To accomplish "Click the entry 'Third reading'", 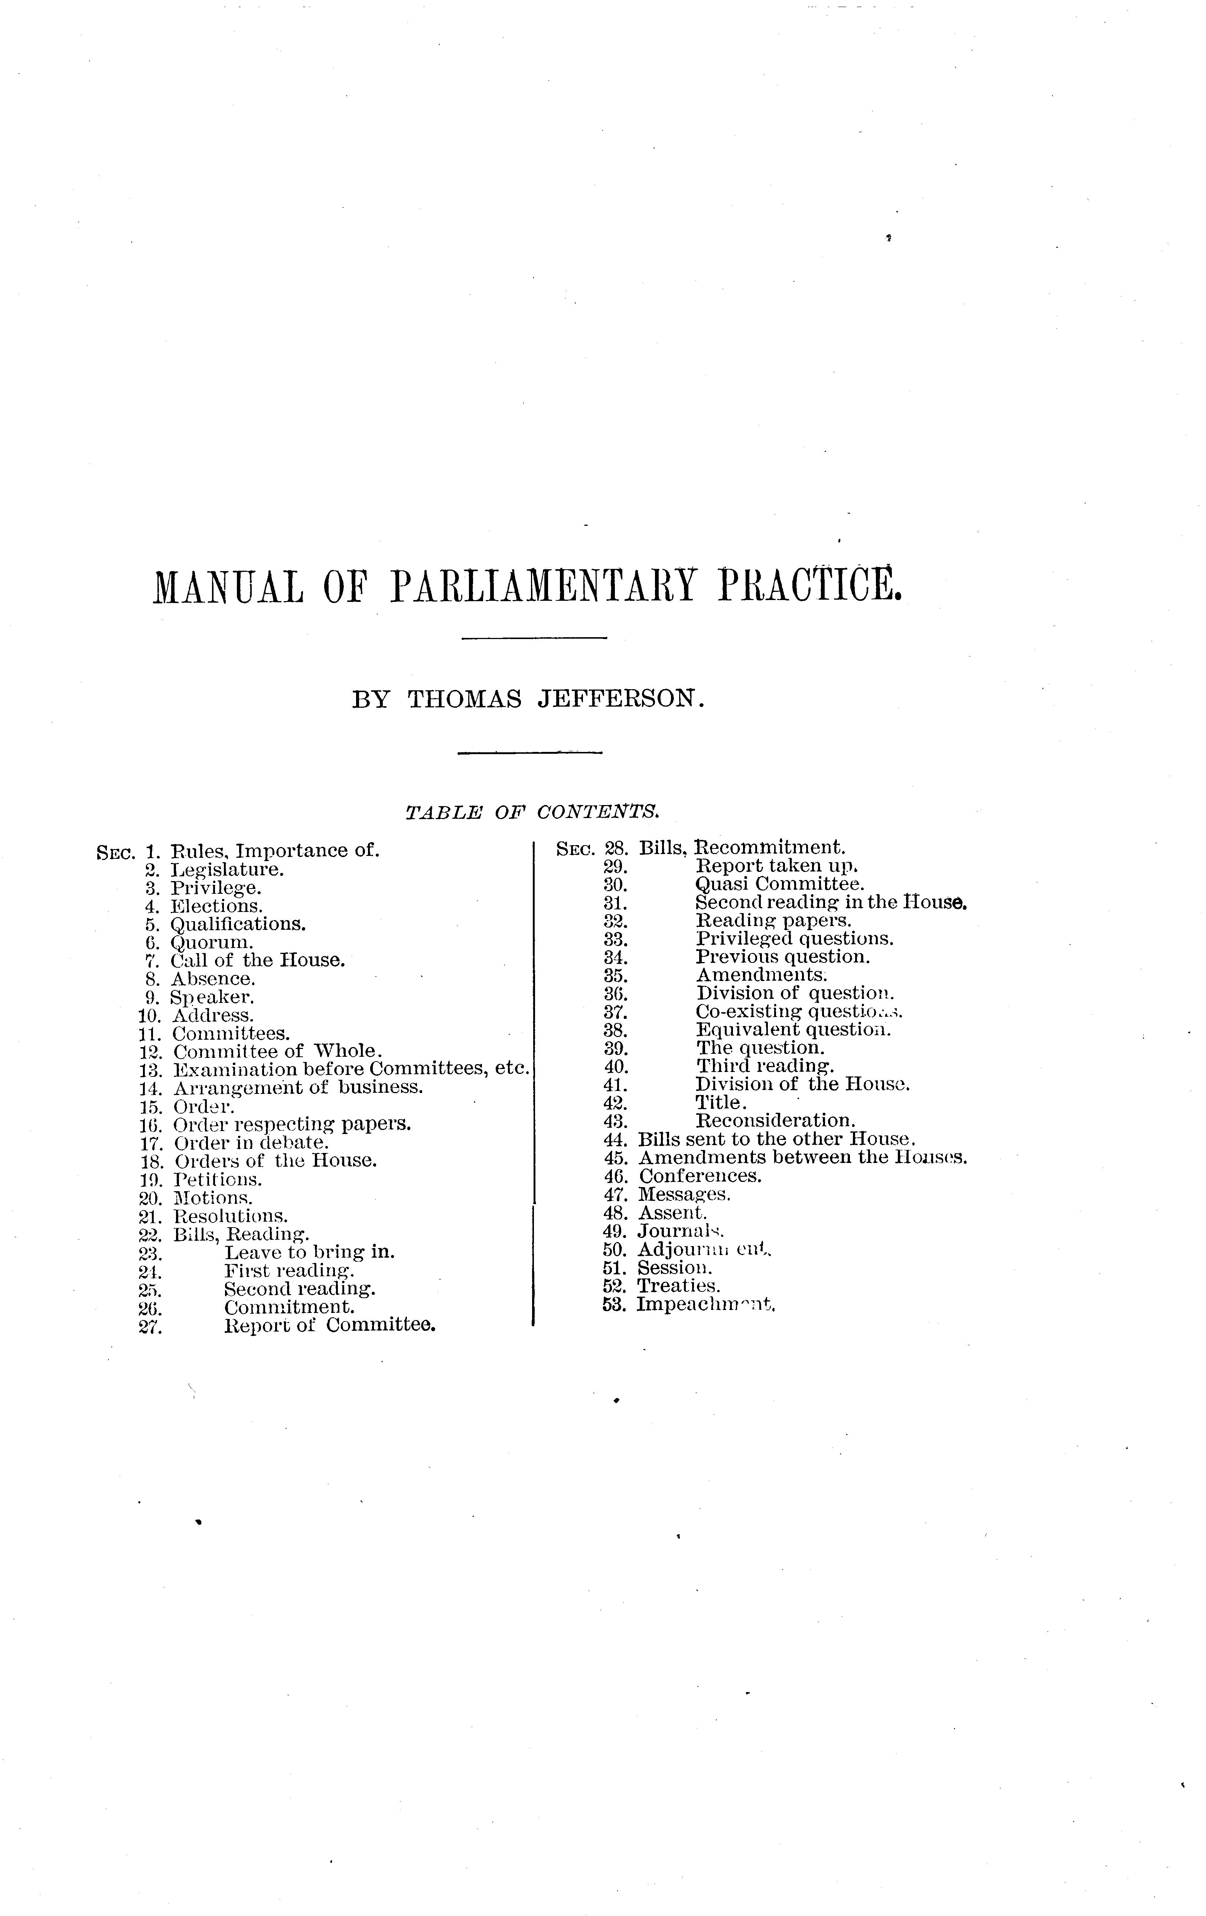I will click(x=765, y=1066).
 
